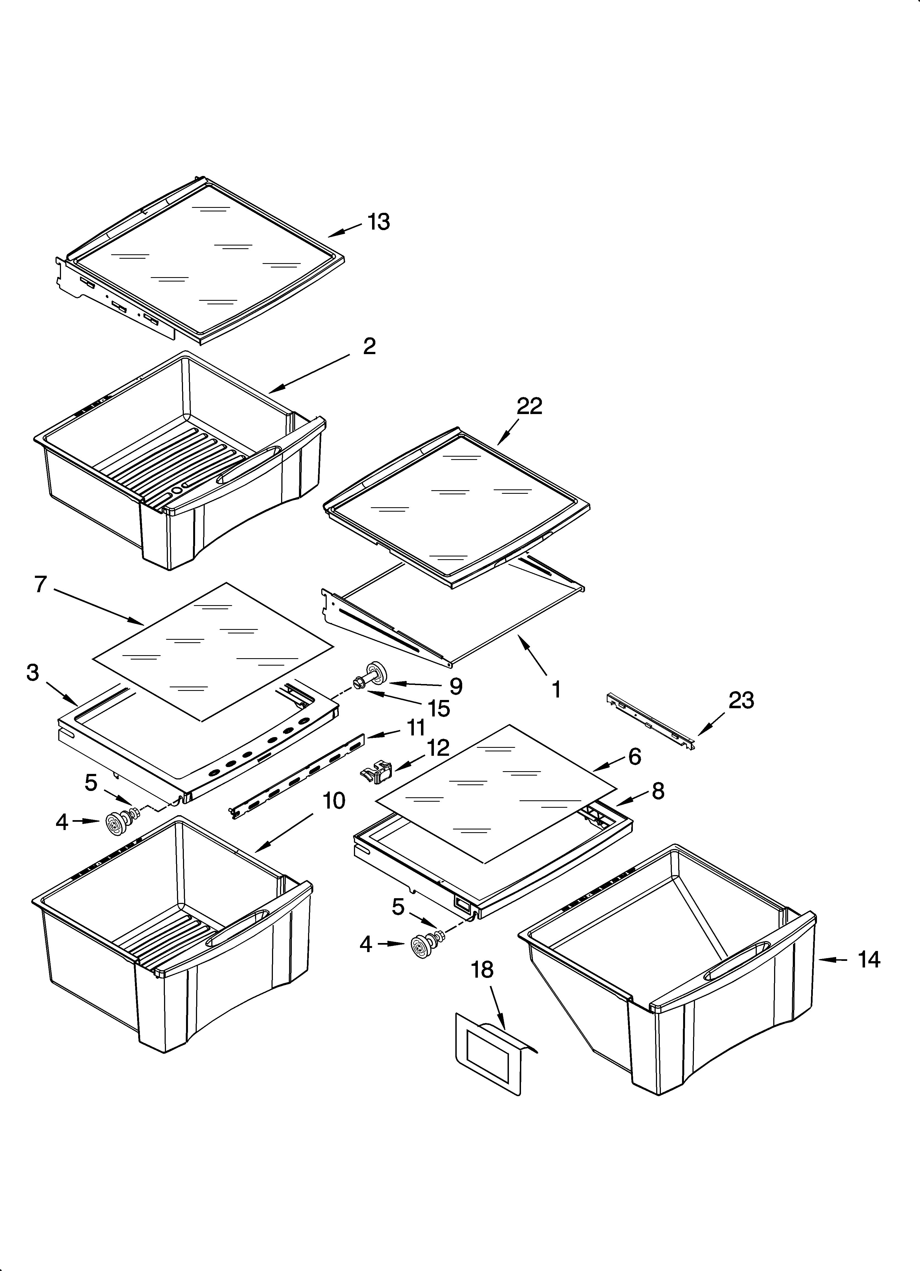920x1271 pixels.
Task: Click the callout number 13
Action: (x=379, y=222)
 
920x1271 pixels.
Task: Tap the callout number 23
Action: (x=741, y=701)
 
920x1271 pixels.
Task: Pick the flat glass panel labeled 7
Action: (x=213, y=650)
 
